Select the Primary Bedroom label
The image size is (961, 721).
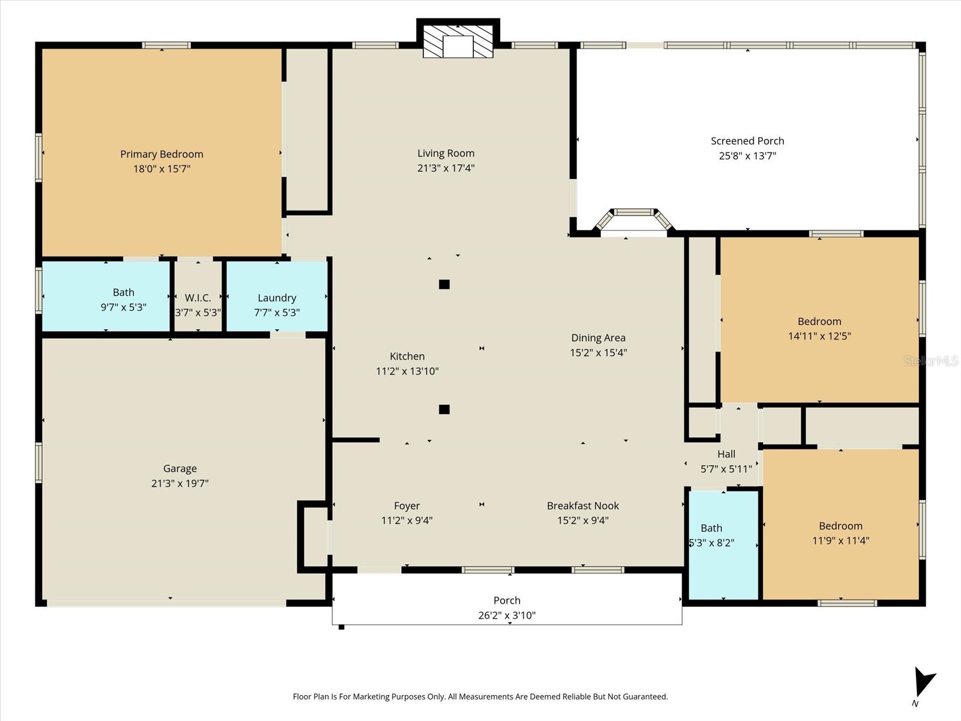coord(162,154)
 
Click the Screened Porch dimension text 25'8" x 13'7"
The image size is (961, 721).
coord(747,156)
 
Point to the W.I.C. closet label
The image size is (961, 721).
coord(198,298)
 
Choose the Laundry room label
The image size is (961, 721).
coord(277,298)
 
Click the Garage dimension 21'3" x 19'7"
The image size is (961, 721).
coord(180,483)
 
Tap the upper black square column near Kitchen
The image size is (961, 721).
coord(444,284)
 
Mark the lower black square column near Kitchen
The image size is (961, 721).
coord(444,409)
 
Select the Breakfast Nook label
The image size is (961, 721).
coord(583,506)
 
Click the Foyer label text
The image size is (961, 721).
coord(407,506)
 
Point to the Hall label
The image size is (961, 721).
coord(726,454)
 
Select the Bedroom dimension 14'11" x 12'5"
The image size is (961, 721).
coord(819,336)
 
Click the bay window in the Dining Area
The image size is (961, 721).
coord(634,220)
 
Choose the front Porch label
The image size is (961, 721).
coord(507,600)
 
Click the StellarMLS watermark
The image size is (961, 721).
coord(931,360)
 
